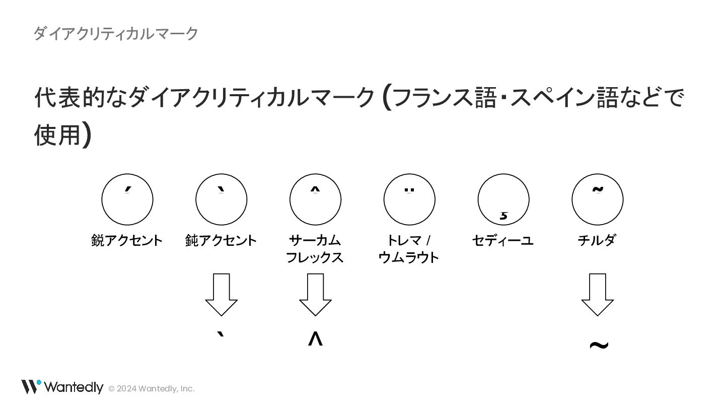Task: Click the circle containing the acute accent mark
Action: [127, 199]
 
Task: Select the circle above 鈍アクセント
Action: [222, 199]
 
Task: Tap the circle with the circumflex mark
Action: [315, 199]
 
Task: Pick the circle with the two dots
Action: [409, 199]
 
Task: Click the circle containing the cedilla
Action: [503, 199]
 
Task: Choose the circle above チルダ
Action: [598, 199]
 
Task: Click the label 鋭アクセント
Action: [127, 240]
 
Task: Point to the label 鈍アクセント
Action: [221, 240]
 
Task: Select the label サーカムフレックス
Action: [315, 249]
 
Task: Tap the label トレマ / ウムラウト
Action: [408, 249]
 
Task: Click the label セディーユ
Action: [502, 240]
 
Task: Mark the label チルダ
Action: [597, 240]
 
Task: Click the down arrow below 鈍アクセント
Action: [222, 295]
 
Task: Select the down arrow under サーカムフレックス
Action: [315, 295]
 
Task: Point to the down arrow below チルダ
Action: [598, 295]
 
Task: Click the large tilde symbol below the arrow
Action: [599, 346]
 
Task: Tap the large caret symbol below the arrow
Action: [315, 339]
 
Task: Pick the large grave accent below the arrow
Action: [221, 337]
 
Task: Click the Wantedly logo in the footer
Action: [62, 387]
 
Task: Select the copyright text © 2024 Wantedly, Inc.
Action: [152, 388]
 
